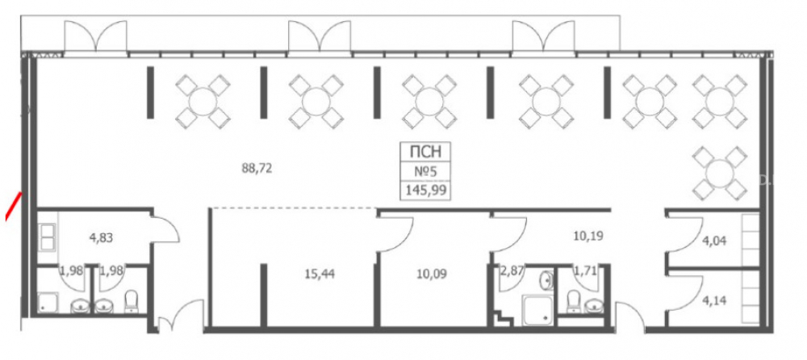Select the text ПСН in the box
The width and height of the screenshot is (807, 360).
pos(425,152)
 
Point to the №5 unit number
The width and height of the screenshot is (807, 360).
pos(425,171)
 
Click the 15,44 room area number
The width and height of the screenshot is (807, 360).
pos(320,274)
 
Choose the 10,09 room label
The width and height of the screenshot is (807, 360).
pos(431,274)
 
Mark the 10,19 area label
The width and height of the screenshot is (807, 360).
pos(587,237)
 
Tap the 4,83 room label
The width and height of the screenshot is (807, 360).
pos(101,238)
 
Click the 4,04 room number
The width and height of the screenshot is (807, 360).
pos(714,241)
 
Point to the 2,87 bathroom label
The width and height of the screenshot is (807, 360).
pos(512,270)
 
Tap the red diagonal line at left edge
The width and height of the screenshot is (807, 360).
pos(14,206)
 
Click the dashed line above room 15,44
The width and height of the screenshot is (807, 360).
pos(293,208)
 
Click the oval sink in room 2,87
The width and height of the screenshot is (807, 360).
pos(547,281)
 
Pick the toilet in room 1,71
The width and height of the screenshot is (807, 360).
pos(573,301)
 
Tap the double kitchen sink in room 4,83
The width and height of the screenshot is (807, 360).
pos(48,237)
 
